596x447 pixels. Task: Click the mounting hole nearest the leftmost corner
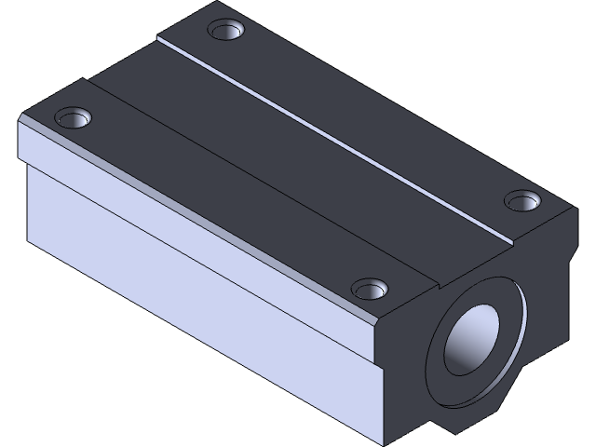tap(72, 117)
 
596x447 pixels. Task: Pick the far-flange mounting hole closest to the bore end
tap(521, 199)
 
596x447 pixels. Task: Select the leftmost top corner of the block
tap(20, 118)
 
